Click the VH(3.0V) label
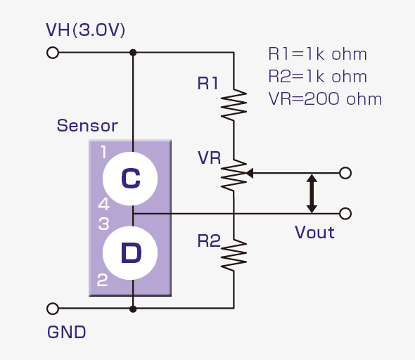coord(85,30)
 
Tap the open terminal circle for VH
coord(53,53)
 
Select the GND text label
coord(66,332)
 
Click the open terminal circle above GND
coord(53,309)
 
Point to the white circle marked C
coord(130,179)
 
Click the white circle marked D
coord(130,253)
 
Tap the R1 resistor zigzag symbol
coord(234,105)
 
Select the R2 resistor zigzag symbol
coord(234,255)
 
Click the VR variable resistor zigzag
coord(234,175)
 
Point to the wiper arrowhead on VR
coord(250,173)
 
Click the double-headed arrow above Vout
coord(312,193)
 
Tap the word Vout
coord(314,233)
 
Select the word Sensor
coord(87,125)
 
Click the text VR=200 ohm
coord(325,99)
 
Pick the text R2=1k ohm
coord(318,77)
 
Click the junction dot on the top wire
coord(133,53)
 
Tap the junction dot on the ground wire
coord(133,309)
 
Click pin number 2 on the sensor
coord(103,280)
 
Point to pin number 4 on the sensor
coord(103,204)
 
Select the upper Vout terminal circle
coord(345,173)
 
